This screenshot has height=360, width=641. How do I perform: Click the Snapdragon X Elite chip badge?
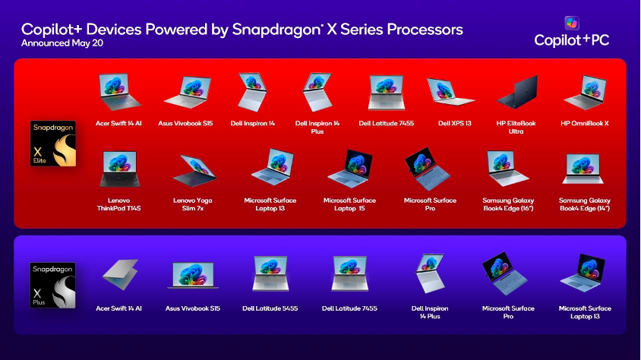pyautogui.click(x=52, y=144)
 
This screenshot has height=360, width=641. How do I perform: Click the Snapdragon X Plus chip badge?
pyautogui.click(x=52, y=286)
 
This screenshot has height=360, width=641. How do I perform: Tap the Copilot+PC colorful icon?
pyautogui.click(x=571, y=23)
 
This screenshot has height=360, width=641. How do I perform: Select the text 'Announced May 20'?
pyautogui.click(x=62, y=43)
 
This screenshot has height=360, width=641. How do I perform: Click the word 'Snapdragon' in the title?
pyautogui.click(x=276, y=30)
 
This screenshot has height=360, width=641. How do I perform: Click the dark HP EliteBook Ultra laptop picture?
pyautogui.click(x=517, y=92)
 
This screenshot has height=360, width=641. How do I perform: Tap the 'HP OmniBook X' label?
pyautogui.click(x=585, y=123)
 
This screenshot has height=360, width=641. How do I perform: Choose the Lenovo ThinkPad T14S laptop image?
pyautogui.click(x=119, y=169)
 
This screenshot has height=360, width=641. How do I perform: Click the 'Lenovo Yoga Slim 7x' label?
pyautogui.click(x=193, y=204)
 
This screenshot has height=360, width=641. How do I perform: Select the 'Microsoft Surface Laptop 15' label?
pyautogui.click(x=349, y=204)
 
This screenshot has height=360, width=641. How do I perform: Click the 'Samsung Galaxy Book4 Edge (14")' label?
pyautogui.click(x=585, y=204)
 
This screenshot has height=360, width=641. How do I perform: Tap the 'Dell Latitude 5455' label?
pyautogui.click(x=270, y=308)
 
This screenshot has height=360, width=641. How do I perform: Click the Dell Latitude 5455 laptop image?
pyautogui.click(x=270, y=273)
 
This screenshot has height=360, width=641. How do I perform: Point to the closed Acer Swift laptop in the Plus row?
pyautogui.click(x=120, y=274)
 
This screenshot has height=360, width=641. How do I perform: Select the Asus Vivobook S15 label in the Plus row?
pyautogui.click(x=193, y=308)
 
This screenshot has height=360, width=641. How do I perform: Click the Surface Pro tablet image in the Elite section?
pyautogui.click(x=428, y=169)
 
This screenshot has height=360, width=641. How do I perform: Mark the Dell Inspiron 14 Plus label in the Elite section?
pyautogui.click(x=317, y=128)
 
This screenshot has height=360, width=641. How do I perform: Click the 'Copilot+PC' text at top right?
pyautogui.click(x=571, y=40)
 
